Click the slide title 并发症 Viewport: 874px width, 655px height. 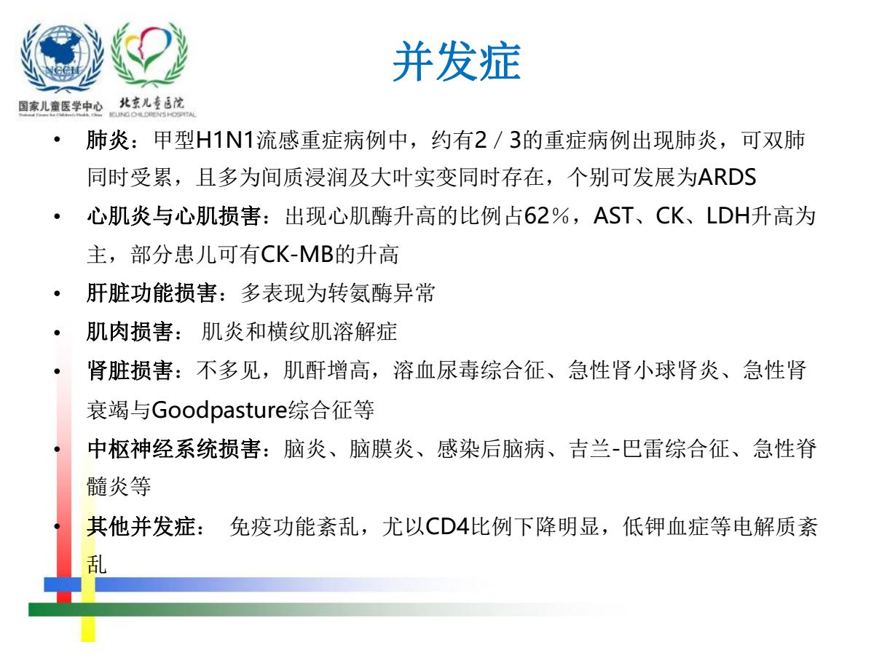point(457,62)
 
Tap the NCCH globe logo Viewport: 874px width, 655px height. point(62,57)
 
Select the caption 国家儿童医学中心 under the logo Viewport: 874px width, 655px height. point(60,106)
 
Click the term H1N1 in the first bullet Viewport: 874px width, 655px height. point(225,140)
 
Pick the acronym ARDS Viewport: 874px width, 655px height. point(727,178)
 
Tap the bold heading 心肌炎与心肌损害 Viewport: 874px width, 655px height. point(174,216)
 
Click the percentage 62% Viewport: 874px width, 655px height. point(546,216)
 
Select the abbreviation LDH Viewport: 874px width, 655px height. point(728,216)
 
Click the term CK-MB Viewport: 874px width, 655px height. point(297,255)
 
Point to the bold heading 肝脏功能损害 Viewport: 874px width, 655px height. point(151,293)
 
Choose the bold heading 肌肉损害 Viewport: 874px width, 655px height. point(130,332)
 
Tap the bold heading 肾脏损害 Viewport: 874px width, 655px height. point(130,370)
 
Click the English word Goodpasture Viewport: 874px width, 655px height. point(219,410)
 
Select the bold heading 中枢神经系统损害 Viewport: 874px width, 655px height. point(174,448)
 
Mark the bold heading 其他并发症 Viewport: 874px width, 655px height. point(141,526)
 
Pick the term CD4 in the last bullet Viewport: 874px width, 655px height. point(448,526)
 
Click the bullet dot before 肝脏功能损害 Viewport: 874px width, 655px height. point(58,294)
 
